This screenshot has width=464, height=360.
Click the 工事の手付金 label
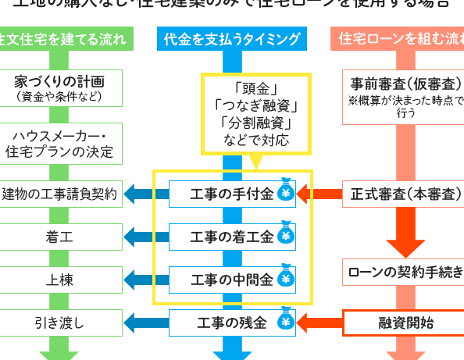(x=232, y=194)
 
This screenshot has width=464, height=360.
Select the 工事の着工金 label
(x=232, y=237)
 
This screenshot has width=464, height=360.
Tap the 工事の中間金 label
(x=232, y=279)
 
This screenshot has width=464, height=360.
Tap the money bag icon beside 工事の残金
(x=286, y=321)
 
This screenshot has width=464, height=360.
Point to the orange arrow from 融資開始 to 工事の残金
(x=320, y=322)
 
